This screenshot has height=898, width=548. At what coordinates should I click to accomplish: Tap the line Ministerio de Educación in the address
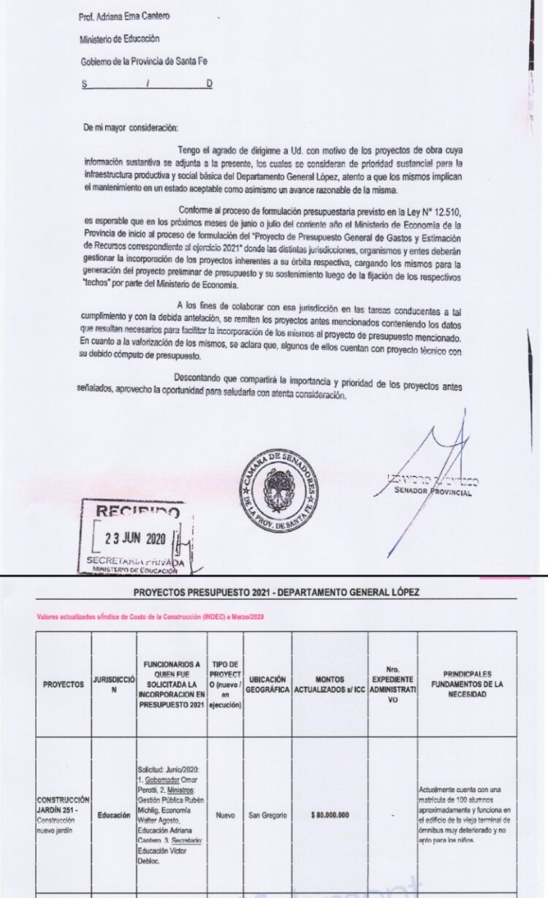(119, 39)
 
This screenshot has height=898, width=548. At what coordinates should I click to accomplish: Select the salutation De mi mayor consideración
(130, 127)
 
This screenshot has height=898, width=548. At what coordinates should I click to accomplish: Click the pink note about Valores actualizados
(149, 617)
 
